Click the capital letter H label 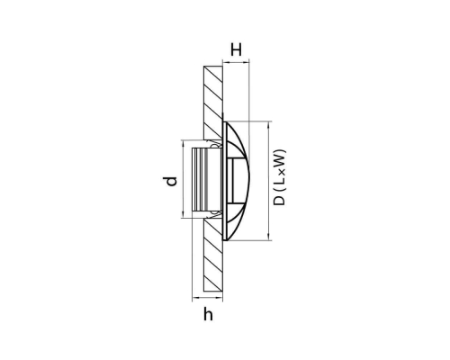(236, 49)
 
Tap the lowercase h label (208, 314)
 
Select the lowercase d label (170, 182)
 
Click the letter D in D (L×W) (279, 201)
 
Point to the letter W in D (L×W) (279, 157)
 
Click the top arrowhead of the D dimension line (268, 124)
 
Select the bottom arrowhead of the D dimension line (268, 237)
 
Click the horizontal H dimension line (236, 62)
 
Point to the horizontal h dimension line (208, 298)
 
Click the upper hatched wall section (213, 102)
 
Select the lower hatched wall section (213, 255)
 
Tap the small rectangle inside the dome (230, 180)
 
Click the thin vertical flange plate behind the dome (224, 181)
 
